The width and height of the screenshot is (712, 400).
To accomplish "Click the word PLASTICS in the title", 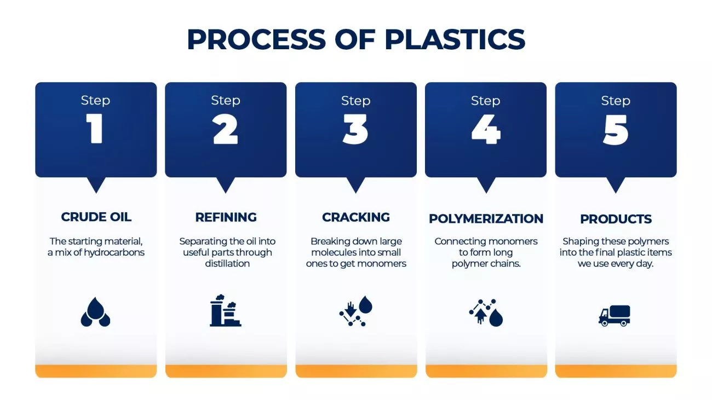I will (x=455, y=39).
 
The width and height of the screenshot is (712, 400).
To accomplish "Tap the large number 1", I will (x=96, y=130).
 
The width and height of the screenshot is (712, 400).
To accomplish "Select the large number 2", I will (x=226, y=130).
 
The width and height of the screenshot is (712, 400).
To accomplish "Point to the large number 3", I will (x=355, y=130).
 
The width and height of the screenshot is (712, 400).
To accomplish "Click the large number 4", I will (x=485, y=130).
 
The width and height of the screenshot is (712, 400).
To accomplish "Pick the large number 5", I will (x=616, y=130).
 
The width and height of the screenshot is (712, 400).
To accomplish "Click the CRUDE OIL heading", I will (x=96, y=217).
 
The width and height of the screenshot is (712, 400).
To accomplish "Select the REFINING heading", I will (x=226, y=217).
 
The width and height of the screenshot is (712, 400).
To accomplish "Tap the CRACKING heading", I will (x=355, y=217).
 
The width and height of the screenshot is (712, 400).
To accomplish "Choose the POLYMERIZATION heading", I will (x=486, y=219).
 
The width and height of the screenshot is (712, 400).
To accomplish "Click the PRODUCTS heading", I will (x=616, y=219).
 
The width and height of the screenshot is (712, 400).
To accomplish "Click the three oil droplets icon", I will (x=96, y=312).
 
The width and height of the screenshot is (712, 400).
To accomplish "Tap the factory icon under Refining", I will (x=226, y=311).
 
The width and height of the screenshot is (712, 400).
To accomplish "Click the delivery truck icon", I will (x=615, y=316).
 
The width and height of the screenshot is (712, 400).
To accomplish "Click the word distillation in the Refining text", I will (x=227, y=264).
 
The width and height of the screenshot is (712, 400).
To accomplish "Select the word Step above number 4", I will (x=485, y=101).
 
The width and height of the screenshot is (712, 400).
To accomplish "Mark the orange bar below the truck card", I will (x=616, y=372).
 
